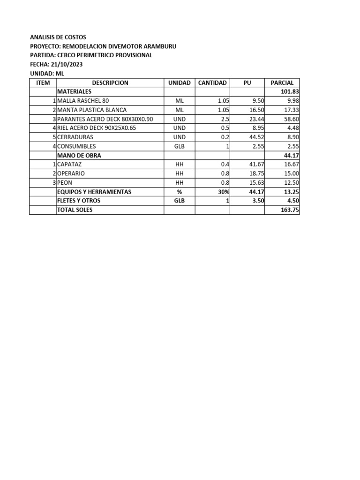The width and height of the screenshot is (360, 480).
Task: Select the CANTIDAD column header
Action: [x=212, y=82]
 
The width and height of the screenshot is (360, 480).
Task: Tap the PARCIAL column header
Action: [x=282, y=82]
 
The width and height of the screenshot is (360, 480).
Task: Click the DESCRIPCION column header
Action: [x=110, y=82]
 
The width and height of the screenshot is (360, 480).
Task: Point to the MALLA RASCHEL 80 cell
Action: [x=82, y=101]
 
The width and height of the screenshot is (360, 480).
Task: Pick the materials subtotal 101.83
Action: [x=290, y=91]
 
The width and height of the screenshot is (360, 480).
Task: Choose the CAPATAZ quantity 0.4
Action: [x=224, y=165]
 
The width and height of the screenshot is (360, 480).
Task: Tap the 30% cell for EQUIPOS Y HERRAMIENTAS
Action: [x=223, y=192]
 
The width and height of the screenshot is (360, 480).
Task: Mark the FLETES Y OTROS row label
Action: [x=79, y=201]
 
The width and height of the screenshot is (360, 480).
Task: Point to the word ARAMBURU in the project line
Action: [x=160, y=46]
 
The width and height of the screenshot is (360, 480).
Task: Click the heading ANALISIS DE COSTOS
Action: [x=58, y=37]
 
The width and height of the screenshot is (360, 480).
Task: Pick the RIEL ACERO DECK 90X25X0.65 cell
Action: [x=97, y=128]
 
